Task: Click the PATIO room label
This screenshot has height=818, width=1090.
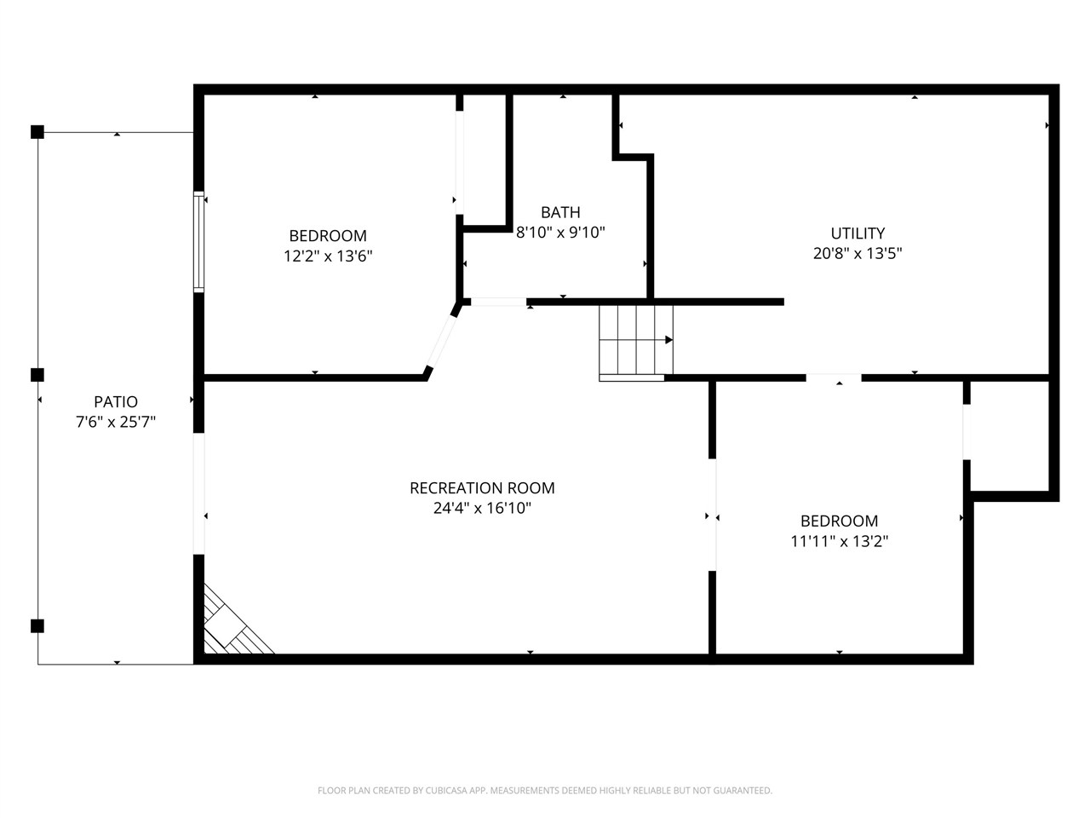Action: point(116,401)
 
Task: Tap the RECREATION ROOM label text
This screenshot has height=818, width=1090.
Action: point(482,488)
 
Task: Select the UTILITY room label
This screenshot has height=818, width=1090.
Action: point(858,233)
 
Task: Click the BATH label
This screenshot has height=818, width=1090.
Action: point(560,212)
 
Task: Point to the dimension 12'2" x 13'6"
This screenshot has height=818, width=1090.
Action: point(328,256)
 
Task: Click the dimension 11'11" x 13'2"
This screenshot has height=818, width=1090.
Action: point(839,541)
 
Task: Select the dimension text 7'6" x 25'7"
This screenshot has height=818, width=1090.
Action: point(116,422)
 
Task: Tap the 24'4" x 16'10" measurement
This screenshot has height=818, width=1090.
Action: point(482,508)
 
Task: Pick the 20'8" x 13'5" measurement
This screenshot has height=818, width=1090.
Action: point(858,253)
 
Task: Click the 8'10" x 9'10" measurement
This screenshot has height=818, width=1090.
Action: point(560,232)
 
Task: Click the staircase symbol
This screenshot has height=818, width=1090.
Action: point(635,343)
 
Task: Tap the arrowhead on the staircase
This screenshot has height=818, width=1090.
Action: point(668,340)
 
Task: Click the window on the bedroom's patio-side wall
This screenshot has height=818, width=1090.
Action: point(198,241)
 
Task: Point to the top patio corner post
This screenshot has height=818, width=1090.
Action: point(37,132)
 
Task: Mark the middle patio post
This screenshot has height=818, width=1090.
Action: point(37,375)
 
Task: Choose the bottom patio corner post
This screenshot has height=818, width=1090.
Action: point(37,625)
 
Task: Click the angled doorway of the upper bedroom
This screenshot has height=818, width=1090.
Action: point(442,342)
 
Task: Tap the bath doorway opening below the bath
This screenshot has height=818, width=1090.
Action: point(498,302)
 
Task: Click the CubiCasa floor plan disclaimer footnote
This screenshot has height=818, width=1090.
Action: point(545,790)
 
